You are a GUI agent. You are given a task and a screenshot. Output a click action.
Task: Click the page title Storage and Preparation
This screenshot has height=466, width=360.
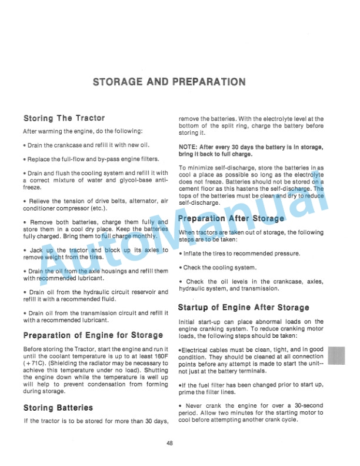(x=169, y=82)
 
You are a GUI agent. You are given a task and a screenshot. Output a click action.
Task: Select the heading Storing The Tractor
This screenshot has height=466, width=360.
(x=64, y=118)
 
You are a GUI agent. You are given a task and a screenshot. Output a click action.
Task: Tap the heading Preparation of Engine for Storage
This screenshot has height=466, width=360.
(x=94, y=335)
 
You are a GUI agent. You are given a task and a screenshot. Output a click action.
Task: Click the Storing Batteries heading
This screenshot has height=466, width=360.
(x=58, y=408)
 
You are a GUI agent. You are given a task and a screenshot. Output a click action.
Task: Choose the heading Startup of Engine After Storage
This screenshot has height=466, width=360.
(x=244, y=307)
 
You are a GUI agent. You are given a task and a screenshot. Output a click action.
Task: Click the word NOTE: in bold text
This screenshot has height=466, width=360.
(x=188, y=147)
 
